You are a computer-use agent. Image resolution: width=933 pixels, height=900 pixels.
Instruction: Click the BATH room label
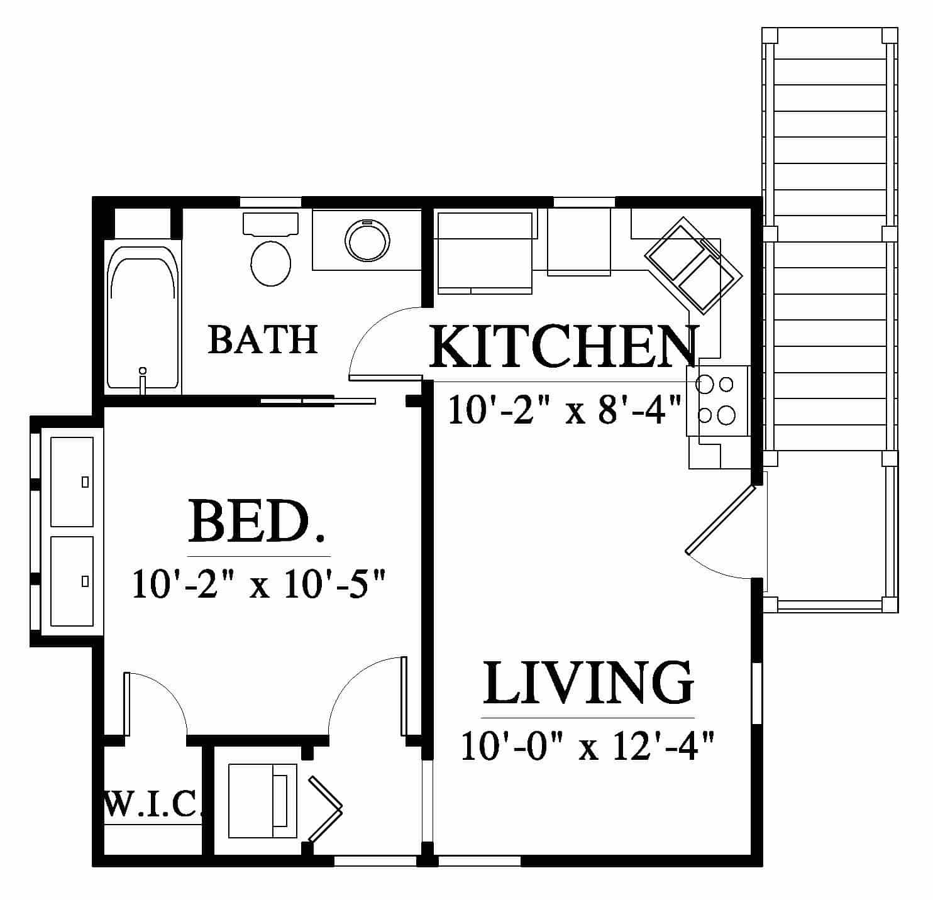pos(263,339)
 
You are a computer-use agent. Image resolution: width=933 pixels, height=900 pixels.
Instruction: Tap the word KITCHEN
pos(563,346)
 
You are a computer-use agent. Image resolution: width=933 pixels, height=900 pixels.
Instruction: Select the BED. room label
pos(256,522)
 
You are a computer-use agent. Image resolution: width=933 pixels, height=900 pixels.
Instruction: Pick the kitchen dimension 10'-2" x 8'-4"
pos(565,410)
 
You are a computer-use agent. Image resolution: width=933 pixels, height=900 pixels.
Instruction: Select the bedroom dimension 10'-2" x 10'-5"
pos(259,584)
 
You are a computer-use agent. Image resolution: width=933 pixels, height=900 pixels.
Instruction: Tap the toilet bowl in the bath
pos(271,263)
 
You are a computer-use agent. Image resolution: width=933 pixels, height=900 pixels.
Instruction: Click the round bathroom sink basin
pos(367,241)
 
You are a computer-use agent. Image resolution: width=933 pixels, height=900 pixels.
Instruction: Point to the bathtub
pos(143,317)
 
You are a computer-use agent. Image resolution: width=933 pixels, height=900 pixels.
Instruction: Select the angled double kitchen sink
pos(693,265)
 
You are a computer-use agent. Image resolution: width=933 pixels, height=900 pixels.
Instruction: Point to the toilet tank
pos(271,224)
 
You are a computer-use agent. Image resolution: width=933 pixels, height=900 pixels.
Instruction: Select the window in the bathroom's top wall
pos(271,202)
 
